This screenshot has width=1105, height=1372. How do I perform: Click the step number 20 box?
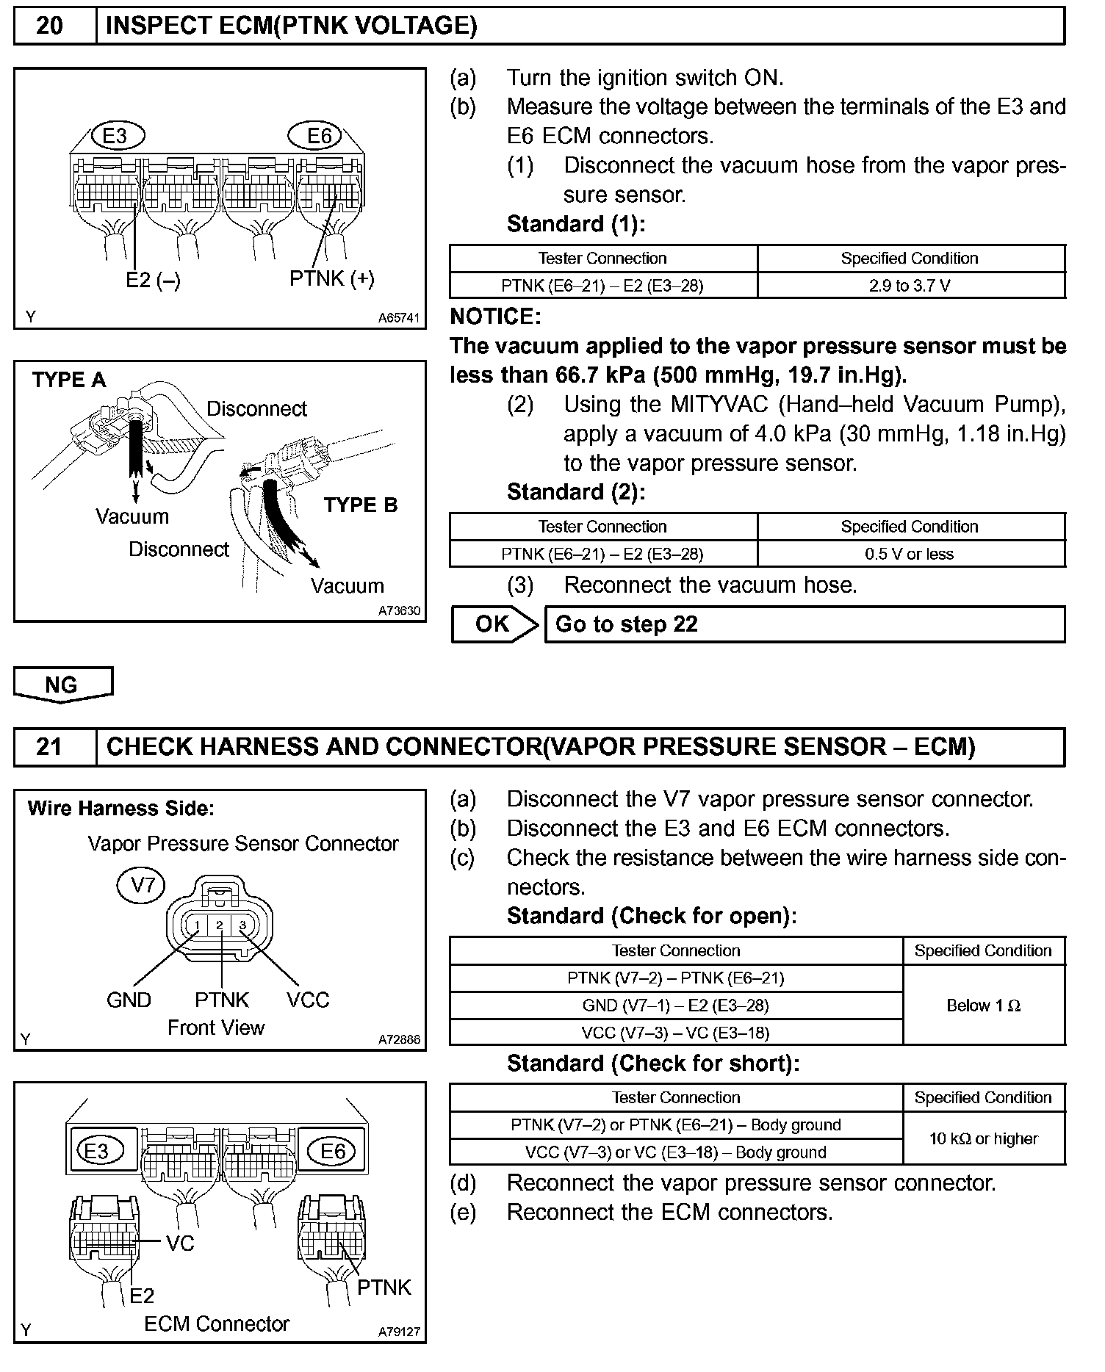coord(50,26)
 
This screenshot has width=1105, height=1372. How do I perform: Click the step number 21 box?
coord(50,747)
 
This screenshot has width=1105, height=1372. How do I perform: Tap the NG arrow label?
coord(62,685)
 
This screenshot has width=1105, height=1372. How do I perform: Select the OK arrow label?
coord(493,624)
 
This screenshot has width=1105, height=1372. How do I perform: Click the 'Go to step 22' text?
coord(626,624)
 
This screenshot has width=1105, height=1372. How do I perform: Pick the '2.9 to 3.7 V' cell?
coord(910,286)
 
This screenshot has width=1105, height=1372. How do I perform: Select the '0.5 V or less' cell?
coord(910,554)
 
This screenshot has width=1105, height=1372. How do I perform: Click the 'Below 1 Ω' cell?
coord(983,1005)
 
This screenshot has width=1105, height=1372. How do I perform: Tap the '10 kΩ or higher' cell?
coord(983,1138)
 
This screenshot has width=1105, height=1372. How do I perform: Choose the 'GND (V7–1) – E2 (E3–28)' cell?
coord(675,1005)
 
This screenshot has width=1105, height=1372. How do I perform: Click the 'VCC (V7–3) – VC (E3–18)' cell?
coord(675,1033)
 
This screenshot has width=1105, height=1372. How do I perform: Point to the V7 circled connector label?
coord(142,885)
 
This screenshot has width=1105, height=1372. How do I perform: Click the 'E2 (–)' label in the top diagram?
coord(153,280)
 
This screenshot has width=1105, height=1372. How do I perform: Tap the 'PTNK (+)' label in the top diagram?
coord(332,278)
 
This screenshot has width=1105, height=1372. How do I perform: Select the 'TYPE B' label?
coord(361,505)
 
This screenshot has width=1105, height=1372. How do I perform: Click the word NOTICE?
coord(495,317)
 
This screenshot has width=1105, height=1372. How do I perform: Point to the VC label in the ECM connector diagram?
coord(180,1243)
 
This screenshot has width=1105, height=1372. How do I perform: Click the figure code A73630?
coord(400,611)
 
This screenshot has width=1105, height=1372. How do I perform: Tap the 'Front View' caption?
coord(216,1028)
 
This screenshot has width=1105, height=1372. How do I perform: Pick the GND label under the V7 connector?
coord(129,1000)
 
